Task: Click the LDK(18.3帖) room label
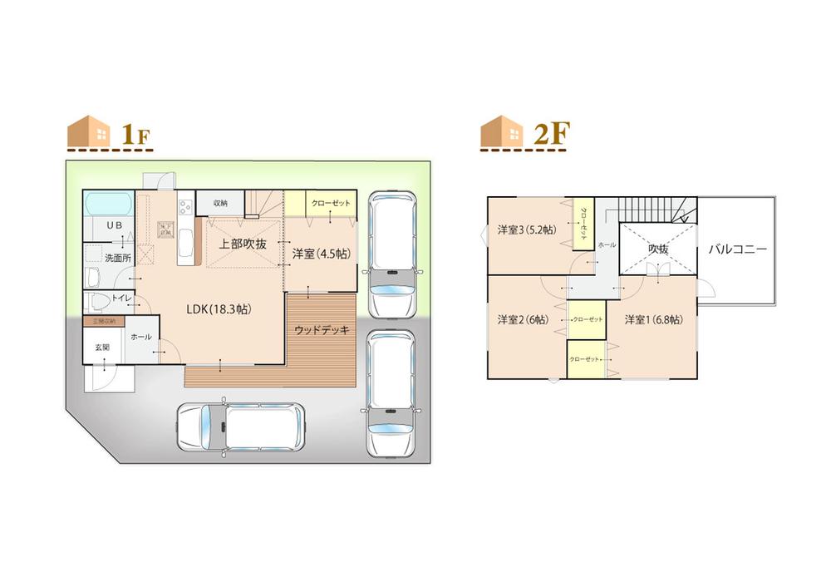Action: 218,308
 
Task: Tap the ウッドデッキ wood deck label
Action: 322,330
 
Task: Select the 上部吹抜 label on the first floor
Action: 243,244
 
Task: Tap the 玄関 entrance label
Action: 100,347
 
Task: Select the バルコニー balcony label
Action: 737,249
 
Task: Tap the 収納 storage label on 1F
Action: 219,203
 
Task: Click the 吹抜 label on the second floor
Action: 658,248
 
